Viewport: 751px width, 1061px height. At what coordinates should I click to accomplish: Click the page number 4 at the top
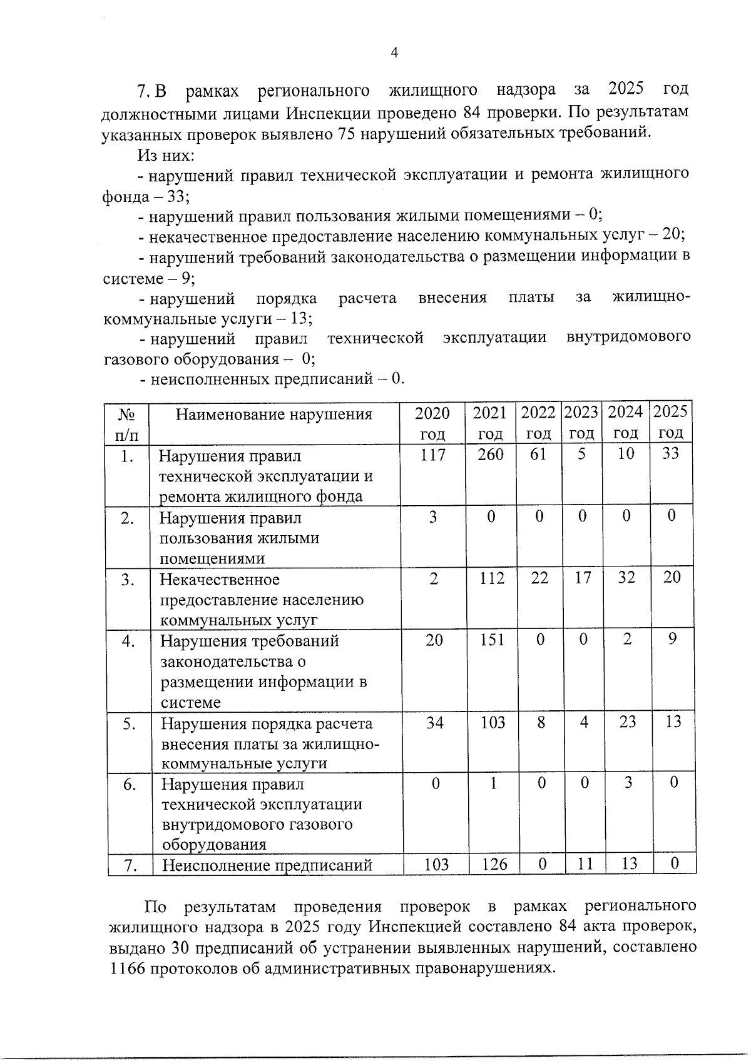click(x=394, y=53)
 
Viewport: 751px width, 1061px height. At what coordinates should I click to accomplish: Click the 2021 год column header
click(x=489, y=423)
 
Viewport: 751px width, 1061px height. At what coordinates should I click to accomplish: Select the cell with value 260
click(x=490, y=455)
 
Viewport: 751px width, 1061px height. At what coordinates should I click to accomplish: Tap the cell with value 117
click(x=432, y=455)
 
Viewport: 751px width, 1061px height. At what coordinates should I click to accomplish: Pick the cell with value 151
click(x=491, y=640)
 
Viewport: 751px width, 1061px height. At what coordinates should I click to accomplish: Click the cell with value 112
click(x=491, y=578)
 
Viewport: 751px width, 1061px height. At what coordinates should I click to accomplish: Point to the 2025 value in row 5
click(x=673, y=722)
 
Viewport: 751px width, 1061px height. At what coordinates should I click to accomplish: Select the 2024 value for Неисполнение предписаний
click(x=628, y=864)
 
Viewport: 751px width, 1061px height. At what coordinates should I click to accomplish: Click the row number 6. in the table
click(x=129, y=784)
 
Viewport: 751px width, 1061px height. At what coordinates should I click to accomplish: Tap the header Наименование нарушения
click(x=273, y=414)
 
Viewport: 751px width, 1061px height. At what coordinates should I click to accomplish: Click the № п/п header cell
click(x=127, y=423)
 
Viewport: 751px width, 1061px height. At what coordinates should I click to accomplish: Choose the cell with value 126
click(x=493, y=864)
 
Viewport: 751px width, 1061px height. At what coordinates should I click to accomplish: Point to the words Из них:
click(x=165, y=153)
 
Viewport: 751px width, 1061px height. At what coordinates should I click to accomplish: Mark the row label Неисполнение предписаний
click(x=267, y=865)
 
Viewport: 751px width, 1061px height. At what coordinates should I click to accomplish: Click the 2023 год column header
click(x=581, y=423)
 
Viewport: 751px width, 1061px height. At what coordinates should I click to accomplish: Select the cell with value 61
click(x=538, y=455)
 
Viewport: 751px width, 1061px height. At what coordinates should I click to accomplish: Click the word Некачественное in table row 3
click(x=220, y=580)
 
